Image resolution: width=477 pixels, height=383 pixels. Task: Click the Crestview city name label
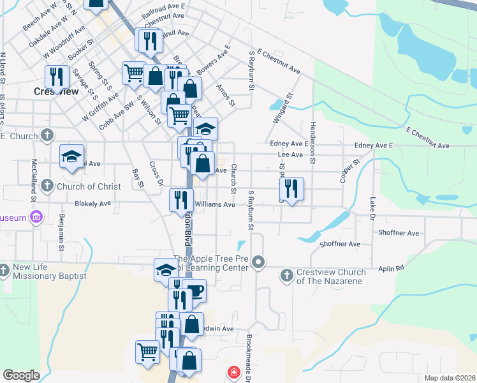point(56,91)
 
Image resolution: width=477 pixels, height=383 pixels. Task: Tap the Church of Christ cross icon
point(47,186)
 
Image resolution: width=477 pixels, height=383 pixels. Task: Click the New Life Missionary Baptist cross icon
point(4,271)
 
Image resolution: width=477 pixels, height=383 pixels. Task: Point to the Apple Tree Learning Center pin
point(258,262)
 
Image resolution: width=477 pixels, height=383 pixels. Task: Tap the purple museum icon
point(36,218)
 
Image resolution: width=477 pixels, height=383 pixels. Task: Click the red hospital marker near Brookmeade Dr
point(234,372)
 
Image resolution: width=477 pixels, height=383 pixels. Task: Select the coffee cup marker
point(194,292)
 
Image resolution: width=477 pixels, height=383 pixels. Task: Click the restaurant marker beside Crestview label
point(57,77)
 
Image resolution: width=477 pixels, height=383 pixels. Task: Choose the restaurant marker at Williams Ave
point(181,199)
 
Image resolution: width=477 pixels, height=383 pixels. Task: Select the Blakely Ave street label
point(93,204)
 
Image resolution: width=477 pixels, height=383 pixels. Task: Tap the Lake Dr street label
point(372,205)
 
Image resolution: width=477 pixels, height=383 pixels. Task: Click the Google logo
point(21,375)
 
